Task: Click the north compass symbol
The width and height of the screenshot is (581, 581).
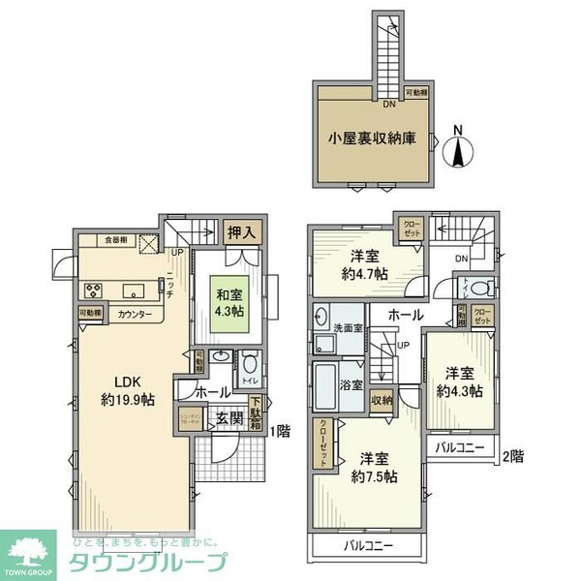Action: click(x=461, y=150)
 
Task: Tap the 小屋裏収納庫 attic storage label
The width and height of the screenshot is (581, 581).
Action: click(x=370, y=138)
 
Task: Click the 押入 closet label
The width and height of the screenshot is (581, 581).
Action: click(x=243, y=232)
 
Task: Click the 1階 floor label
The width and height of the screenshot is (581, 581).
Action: click(x=282, y=431)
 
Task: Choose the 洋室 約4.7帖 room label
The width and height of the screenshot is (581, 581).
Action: click(x=363, y=264)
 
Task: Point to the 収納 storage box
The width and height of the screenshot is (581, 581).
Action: click(x=381, y=400)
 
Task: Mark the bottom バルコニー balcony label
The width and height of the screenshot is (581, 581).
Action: click(x=368, y=546)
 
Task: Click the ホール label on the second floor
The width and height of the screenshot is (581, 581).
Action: click(x=405, y=315)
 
